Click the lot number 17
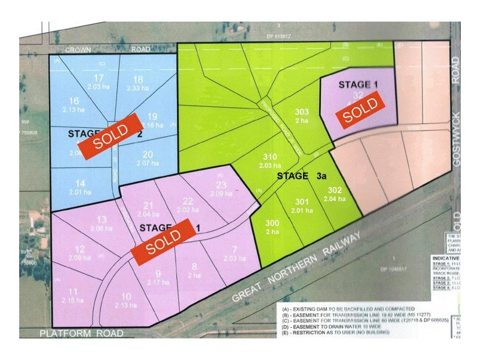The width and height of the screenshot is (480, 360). [100, 78]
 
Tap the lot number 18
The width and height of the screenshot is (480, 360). [137, 79]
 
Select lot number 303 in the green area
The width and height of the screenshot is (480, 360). [302, 112]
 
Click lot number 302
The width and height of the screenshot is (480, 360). [335, 190]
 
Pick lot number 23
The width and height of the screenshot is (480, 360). [222, 185]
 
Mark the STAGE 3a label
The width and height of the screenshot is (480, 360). [302, 176]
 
